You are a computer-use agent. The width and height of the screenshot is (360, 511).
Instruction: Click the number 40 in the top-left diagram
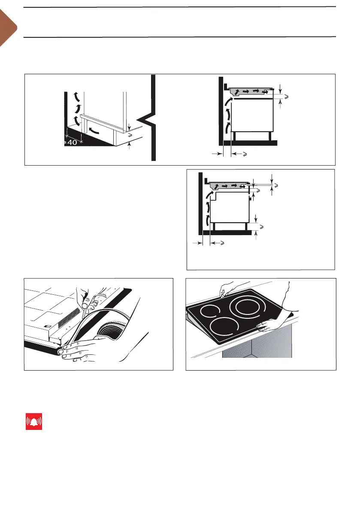[72, 143]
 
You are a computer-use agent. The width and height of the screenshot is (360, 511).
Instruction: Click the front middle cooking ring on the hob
[224, 329]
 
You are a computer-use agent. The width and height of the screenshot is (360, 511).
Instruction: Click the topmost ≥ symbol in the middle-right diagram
[276, 185]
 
